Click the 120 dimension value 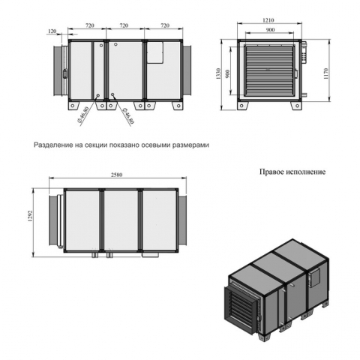point(52,31)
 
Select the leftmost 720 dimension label point(90,25)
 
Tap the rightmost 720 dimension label point(165,25)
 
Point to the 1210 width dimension point(268,20)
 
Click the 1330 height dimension point(219,73)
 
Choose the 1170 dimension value point(325,73)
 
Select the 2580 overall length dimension point(117,175)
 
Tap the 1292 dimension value point(30,216)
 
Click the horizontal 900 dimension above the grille point(270,30)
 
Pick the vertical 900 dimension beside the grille point(228,73)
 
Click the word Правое point(271,172)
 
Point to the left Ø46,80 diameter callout point(83,115)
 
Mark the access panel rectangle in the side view point(155,52)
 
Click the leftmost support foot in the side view point(73,105)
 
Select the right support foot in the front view point(297,105)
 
